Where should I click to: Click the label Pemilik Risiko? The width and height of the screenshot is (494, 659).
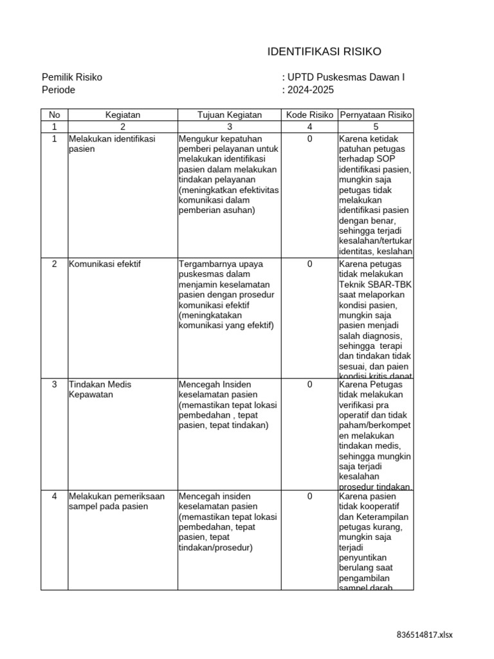[x=72, y=78]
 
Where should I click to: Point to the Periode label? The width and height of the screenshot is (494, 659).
[x=59, y=90]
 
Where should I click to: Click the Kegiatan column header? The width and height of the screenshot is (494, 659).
[x=122, y=115]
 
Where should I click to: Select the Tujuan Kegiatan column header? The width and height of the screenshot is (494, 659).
[x=230, y=115]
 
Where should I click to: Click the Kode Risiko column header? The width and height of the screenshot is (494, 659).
[x=309, y=115]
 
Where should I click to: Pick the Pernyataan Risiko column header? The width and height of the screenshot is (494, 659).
[x=376, y=115]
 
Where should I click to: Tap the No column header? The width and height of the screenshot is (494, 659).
[x=54, y=115]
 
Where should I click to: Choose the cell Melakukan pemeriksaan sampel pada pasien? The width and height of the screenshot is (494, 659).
[x=116, y=501]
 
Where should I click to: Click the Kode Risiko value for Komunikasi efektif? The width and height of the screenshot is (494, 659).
[x=309, y=264]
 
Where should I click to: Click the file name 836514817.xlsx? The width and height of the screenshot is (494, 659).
[x=425, y=635]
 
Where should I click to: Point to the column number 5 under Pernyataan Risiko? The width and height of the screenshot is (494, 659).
[x=376, y=127]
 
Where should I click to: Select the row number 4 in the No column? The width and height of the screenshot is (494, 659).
[x=54, y=496]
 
